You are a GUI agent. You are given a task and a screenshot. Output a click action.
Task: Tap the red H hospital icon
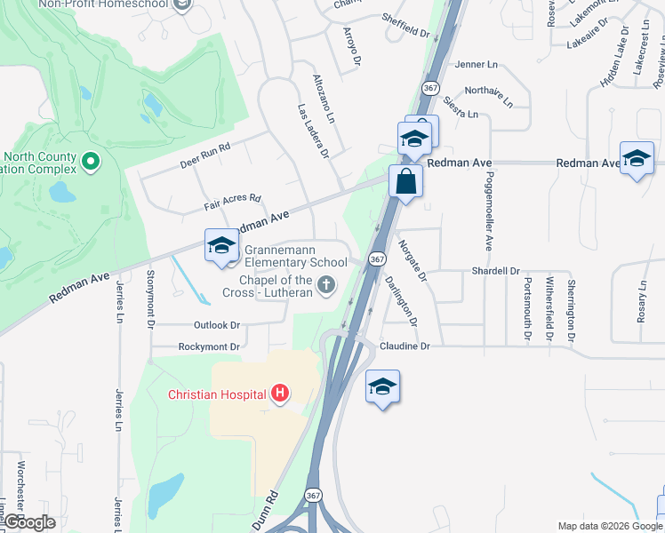(280, 393)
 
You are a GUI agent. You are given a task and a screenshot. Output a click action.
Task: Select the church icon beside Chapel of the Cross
(326, 285)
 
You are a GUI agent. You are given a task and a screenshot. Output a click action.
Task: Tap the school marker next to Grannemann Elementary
(221, 246)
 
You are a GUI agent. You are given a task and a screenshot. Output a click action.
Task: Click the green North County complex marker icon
(89, 163)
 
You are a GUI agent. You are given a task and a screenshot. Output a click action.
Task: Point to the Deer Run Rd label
(204, 155)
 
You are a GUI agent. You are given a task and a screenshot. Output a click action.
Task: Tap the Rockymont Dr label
(210, 346)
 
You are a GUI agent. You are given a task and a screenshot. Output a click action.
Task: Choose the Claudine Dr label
(405, 346)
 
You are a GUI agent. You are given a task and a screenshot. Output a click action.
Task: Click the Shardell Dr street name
(495, 271)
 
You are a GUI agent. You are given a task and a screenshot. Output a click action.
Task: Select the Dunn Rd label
(267, 511)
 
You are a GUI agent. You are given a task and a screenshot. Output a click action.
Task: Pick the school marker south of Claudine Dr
(382, 386)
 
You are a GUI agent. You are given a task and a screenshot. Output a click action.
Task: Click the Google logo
(29, 522)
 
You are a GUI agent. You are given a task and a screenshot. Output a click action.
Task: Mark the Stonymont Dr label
(150, 300)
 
